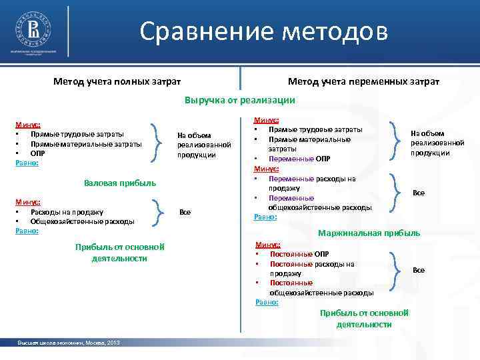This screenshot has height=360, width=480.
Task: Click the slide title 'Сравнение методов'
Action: (263, 31)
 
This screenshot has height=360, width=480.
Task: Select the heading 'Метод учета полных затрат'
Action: (117, 81)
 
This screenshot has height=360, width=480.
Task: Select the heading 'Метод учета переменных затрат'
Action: (363, 81)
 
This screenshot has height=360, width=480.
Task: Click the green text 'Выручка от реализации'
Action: (239, 100)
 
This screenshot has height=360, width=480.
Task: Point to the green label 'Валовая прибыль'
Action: (120, 182)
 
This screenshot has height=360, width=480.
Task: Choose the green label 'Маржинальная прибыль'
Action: (369, 233)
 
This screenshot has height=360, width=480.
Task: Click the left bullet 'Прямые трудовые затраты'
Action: (77, 134)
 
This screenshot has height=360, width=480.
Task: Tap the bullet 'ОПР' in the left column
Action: (37, 153)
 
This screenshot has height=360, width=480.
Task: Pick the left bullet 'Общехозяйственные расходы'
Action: (82, 221)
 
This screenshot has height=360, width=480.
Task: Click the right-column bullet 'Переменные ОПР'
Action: (299, 159)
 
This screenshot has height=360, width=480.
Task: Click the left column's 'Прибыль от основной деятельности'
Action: (120, 253)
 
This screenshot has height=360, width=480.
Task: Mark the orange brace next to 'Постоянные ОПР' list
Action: (397, 270)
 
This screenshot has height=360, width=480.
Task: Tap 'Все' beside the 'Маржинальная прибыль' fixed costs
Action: (419, 270)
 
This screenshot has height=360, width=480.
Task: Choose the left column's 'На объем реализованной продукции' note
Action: (204, 145)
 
